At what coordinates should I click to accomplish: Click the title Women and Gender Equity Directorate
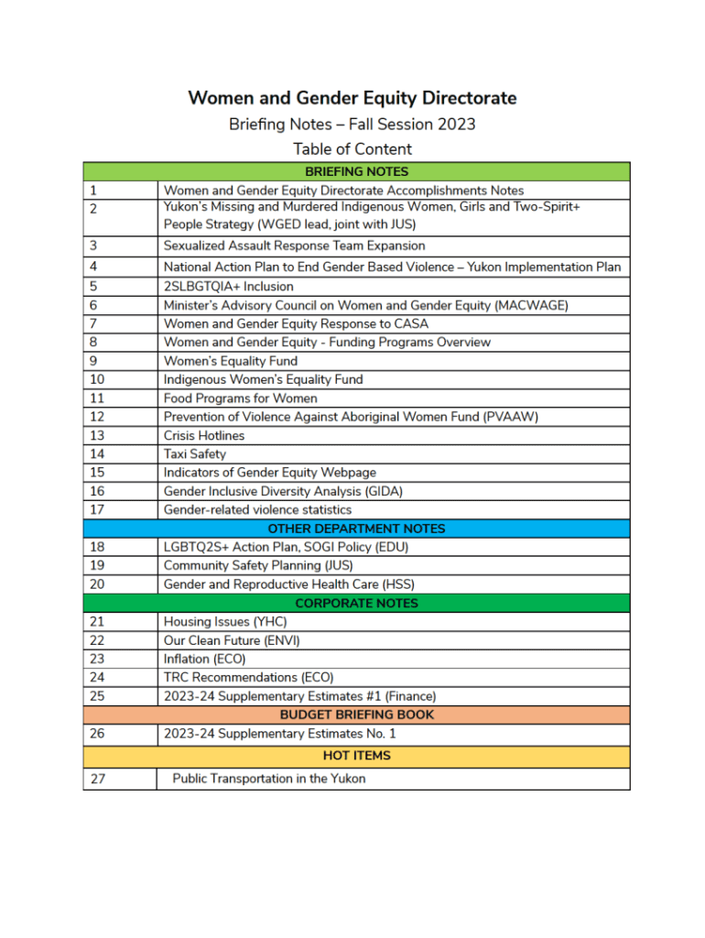coord(352,98)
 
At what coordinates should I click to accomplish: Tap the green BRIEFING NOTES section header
coord(356,171)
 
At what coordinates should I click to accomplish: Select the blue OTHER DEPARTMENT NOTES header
coord(356,529)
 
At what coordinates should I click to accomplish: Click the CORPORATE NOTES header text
coord(356,603)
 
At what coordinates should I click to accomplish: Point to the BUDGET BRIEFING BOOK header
coord(356,714)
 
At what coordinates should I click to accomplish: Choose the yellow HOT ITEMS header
coord(356,756)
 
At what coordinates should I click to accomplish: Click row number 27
coord(98,779)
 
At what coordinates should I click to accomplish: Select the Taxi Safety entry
coord(194,453)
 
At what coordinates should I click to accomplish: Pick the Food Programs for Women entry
coord(241,398)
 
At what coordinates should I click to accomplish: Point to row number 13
coord(97,435)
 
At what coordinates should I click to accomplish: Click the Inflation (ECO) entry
coord(204,659)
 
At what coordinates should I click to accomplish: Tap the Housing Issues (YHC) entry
coord(225,621)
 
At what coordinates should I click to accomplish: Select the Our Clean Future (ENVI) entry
coord(232,640)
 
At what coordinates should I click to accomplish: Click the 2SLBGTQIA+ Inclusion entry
coord(229,286)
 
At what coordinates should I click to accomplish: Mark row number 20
coord(98,584)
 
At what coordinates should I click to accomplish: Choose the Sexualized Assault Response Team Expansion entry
coord(294,245)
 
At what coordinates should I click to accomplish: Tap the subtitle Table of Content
coord(352,149)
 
